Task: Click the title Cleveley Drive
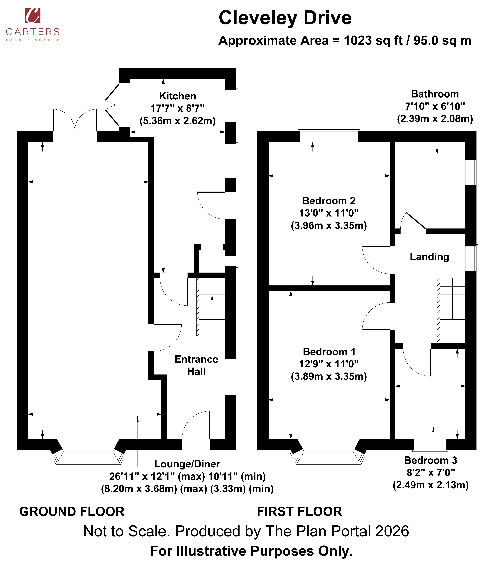click(285, 18)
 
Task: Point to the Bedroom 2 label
click(329, 201)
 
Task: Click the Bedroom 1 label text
click(329, 352)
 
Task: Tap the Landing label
click(429, 257)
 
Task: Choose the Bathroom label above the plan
click(435, 94)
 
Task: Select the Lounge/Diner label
click(187, 464)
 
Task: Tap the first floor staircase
click(451, 311)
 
